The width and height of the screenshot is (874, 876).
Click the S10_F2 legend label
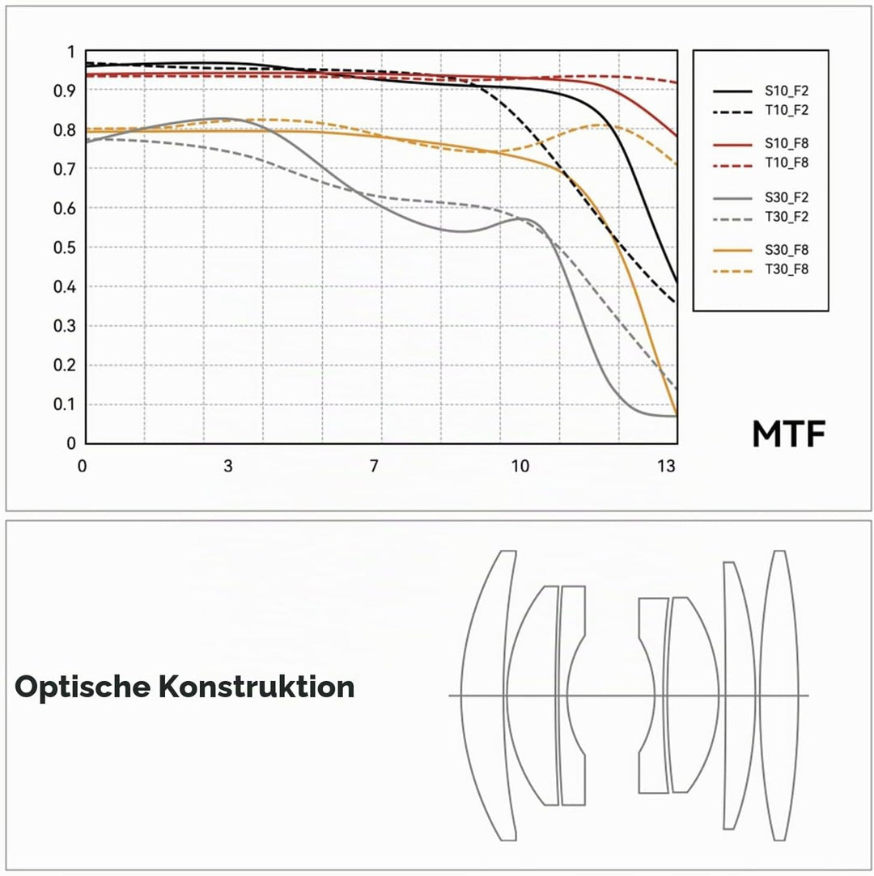pos(787,91)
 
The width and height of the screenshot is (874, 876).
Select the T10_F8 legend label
pos(787,163)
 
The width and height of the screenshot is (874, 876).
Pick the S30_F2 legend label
pos(787,198)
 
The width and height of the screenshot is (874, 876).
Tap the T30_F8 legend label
pos(787,269)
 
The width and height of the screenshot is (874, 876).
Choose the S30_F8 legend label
pos(787,250)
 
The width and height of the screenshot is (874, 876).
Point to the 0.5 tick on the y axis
pos(64,248)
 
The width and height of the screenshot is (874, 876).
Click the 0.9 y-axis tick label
pos(64,91)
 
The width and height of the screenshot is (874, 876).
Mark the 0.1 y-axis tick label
pos(64,404)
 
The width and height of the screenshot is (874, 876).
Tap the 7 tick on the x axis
pos(374,465)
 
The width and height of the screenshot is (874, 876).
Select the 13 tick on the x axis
pos(666,465)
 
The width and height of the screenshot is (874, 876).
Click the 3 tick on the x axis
pos(228,465)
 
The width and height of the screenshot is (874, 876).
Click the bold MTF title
pos(788,434)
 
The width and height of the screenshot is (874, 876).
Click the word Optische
pos(82,687)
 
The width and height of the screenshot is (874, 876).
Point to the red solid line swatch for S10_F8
pos(732,145)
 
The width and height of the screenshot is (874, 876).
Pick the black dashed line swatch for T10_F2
pos(732,111)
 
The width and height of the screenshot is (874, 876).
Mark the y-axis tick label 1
pos(70,52)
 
